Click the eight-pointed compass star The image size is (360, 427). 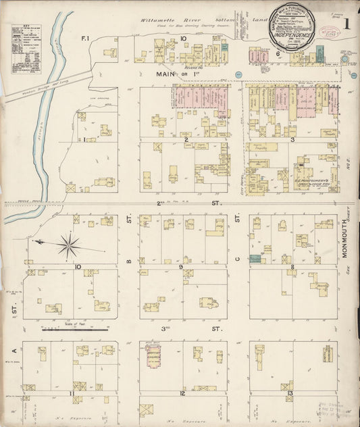coord(68,245)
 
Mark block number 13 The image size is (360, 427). coord(290,393)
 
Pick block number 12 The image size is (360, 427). coord(182,393)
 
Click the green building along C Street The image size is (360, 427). coord(255,258)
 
